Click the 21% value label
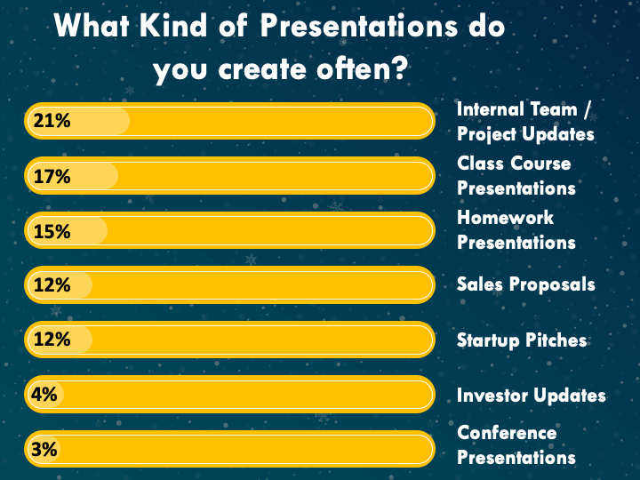(x=52, y=121)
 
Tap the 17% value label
(x=52, y=176)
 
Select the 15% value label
(x=52, y=231)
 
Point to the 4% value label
(x=44, y=395)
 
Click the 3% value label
(x=44, y=450)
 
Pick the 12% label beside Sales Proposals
(x=52, y=285)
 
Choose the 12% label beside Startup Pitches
(x=52, y=340)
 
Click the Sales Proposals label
(x=525, y=284)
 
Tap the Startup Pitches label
(x=522, y=340)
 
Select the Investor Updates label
(x=531, y=395)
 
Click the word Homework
(x=505, y=217)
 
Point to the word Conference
(x=507, y=433)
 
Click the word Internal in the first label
(x=485, y=109)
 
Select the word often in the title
(x=350, y=68)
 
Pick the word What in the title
(x=92, y=25)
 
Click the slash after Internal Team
(x=588, y=110)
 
